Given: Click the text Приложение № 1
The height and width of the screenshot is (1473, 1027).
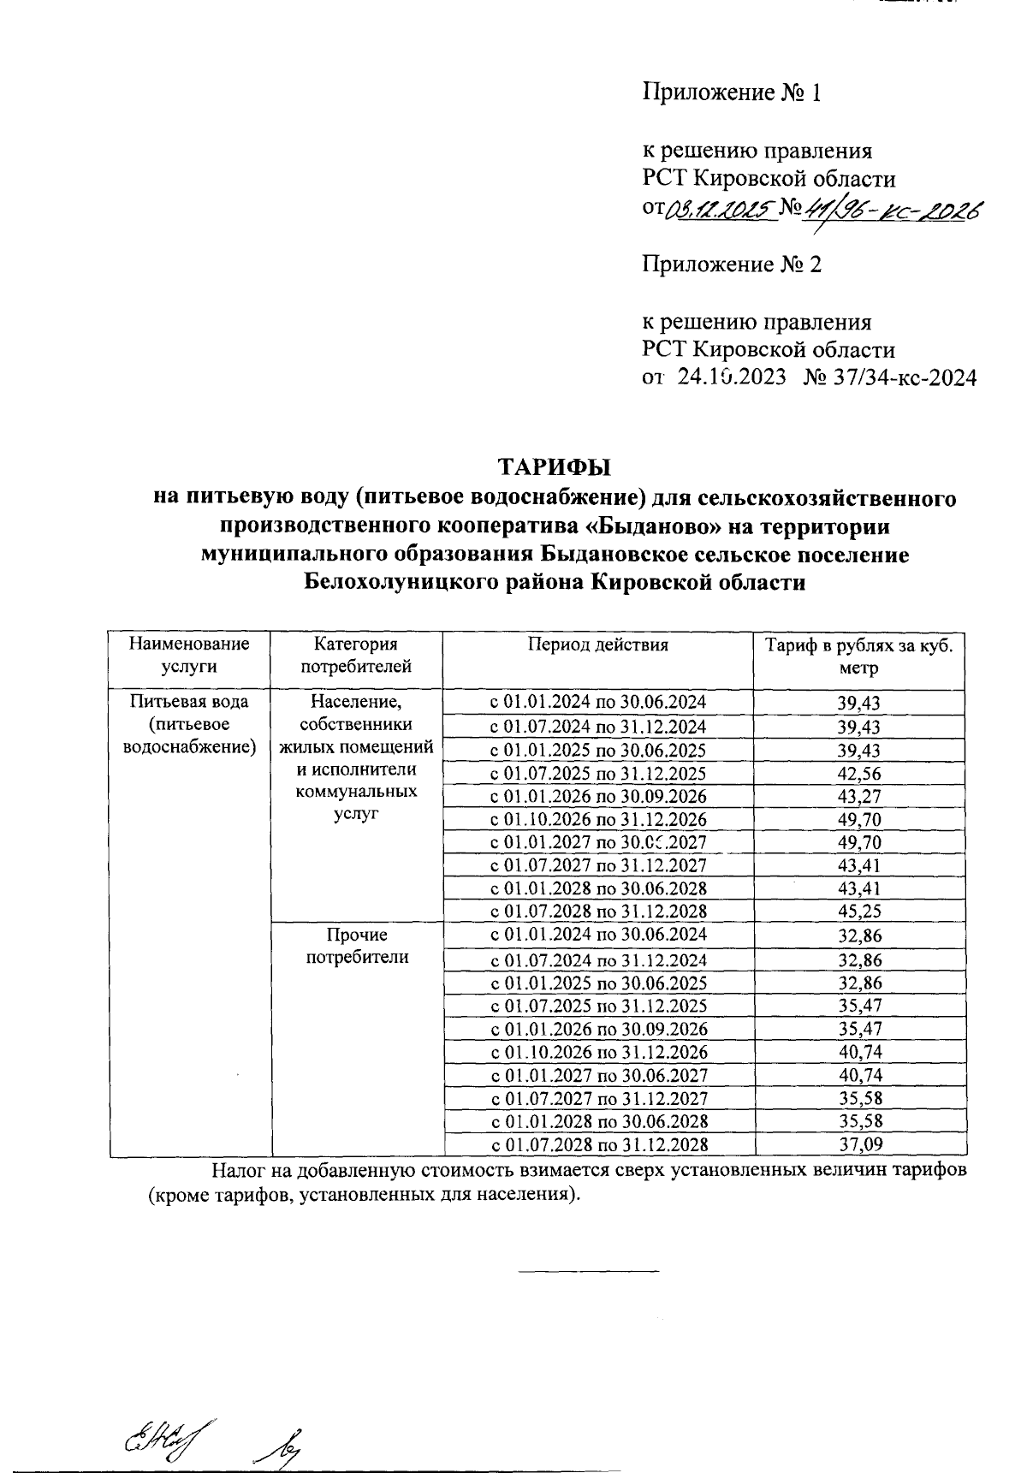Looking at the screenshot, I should point(732,92).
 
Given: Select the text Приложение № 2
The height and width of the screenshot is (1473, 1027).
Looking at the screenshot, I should point(732,264).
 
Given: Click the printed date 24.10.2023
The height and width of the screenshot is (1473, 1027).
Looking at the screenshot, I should point(732,377).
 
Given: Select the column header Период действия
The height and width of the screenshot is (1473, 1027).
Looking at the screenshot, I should point(597,644).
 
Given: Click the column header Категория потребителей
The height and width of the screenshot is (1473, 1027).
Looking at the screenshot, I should point(356,655).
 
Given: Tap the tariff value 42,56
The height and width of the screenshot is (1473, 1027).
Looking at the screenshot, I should point(858,774).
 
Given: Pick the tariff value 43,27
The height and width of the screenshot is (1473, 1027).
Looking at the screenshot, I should point(858,797).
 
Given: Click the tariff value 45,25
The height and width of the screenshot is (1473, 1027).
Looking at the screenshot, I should point(858,912).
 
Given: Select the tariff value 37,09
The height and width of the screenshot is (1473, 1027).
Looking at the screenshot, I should point(858,1144).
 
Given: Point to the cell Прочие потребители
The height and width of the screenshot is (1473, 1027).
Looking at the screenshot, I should point(357,946).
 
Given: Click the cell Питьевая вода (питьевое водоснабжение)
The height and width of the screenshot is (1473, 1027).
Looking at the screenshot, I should point(189,724).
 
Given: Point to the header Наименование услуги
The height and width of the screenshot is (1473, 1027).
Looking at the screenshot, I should point(189,655).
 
